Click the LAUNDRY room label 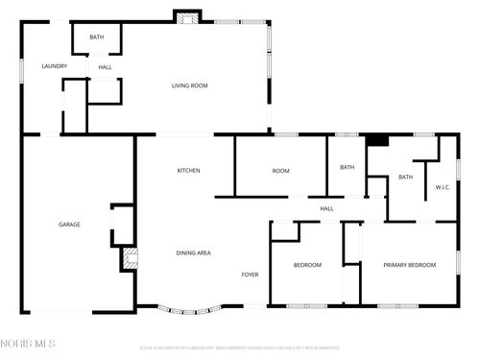tap(54, 65)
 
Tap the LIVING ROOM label tap(190, 85)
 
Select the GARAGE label tap(69, 224)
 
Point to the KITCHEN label tap(188, 171)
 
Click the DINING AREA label tap(193, 252)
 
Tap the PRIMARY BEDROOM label tap(410, 265)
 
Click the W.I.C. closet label tap(443, 186)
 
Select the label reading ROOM tap(280, 171)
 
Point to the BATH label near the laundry tap(97, 37)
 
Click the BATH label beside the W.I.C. tap(406, 177)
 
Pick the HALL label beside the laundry tap(105, 67)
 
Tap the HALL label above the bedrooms tap(326, 208)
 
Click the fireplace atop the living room tap(185, 16)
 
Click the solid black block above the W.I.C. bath tap(378, 140)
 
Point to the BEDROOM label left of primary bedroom tap(307, 265)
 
